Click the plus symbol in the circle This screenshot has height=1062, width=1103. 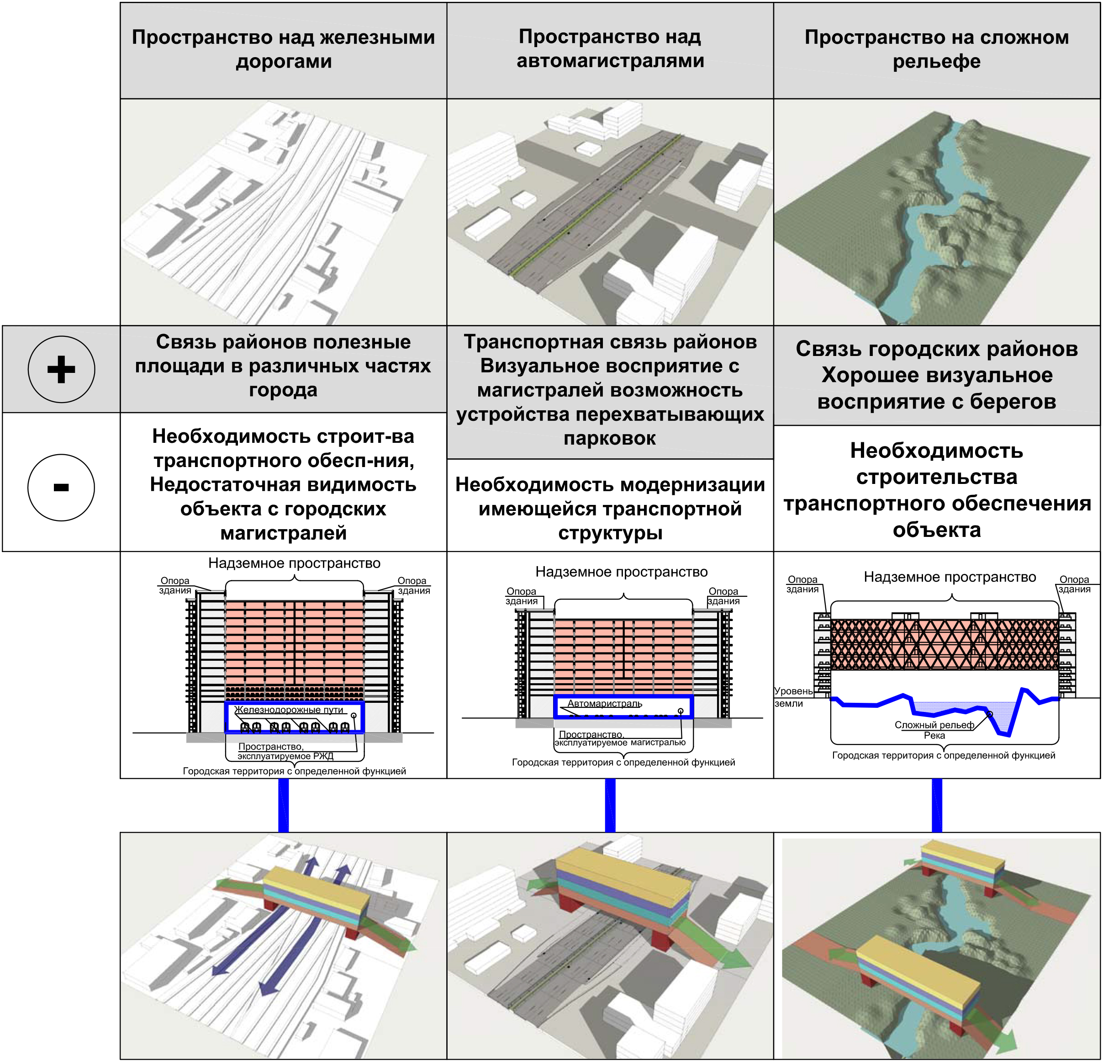click(61, 369)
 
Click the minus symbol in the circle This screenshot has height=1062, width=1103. click(61, 487)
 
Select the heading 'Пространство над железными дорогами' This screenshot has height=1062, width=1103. click(283, 49)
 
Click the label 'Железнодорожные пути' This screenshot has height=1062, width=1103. click(289, 710)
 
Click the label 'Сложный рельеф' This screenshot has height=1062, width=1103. click(934, 725)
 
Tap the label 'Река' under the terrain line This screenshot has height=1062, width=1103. click(934, 735)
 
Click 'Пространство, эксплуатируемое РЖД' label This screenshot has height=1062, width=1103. click(285, 751)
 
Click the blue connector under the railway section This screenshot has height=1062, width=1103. click(284, 805)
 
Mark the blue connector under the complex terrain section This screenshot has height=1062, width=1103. click(937, 805)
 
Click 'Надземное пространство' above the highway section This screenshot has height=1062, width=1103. click(621, 572)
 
